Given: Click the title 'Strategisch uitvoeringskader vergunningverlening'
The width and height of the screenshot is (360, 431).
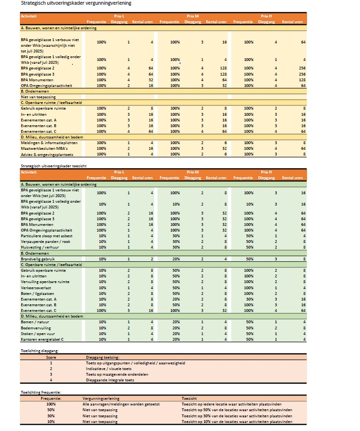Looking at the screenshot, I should click(76, 3).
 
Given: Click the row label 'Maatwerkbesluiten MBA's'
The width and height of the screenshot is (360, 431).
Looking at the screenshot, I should click(41, 148).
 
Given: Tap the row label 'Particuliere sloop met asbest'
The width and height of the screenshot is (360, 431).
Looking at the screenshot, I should click(46, 236).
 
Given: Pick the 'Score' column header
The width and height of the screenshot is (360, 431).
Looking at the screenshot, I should click(51, 358).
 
